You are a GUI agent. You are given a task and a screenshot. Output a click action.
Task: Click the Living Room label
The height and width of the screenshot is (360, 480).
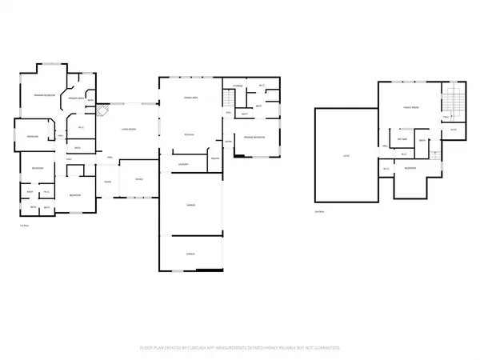[127, 129]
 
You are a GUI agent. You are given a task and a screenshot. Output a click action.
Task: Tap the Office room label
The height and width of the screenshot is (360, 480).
[138, 178]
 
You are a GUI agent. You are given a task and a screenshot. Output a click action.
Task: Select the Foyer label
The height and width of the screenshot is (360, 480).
[107, 182]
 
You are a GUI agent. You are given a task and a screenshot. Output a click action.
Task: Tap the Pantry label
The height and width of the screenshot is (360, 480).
[214, 158]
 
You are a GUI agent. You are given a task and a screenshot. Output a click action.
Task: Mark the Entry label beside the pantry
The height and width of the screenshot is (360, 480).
[228, 142]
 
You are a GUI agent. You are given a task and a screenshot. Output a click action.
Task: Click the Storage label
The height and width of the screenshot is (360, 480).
[238, 85]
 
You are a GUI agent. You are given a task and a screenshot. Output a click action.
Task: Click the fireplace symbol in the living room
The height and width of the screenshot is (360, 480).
[101, 113]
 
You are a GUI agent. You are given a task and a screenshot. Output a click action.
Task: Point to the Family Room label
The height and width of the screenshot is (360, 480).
[411, 107]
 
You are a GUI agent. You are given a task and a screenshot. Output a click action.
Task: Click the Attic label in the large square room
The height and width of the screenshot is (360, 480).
[346, 155]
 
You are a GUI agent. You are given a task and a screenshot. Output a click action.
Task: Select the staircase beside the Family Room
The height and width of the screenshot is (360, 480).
[452, 102]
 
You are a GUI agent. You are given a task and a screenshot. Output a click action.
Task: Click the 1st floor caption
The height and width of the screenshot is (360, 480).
[23, 226]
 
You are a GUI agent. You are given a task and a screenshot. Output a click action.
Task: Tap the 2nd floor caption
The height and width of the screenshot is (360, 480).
[319, 212]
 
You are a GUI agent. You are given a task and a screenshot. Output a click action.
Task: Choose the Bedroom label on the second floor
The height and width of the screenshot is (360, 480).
[409, 169]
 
